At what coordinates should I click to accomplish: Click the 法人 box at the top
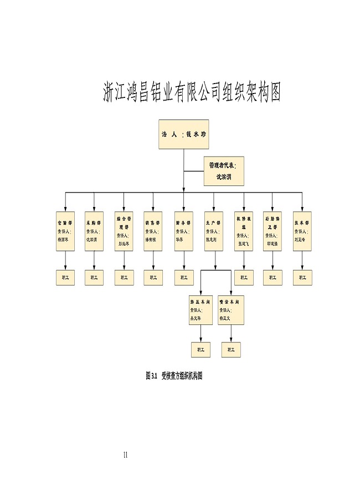pyautogui.click(x=184, y=134)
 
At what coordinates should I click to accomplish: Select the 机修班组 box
pyautogui.click(x=243, y=231)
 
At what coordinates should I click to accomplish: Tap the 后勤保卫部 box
pyautogui.click(x=272, y=231)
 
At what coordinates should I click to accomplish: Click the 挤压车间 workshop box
pyautogui.click(x=200, y=310)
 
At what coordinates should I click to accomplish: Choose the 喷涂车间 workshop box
pyautogui.click(x=230, y=310)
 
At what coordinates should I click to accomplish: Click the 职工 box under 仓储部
pyautogui.click(x=65, y=277)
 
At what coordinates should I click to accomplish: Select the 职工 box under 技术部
pyautogui.click(x=302, y=277)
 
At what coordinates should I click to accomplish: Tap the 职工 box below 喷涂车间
pyautogui.click(x=230, y=350)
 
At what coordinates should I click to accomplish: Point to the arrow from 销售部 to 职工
pyautogui.click(x=153, y=260)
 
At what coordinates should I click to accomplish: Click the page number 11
pyautogui.click(x=126, y=455)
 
